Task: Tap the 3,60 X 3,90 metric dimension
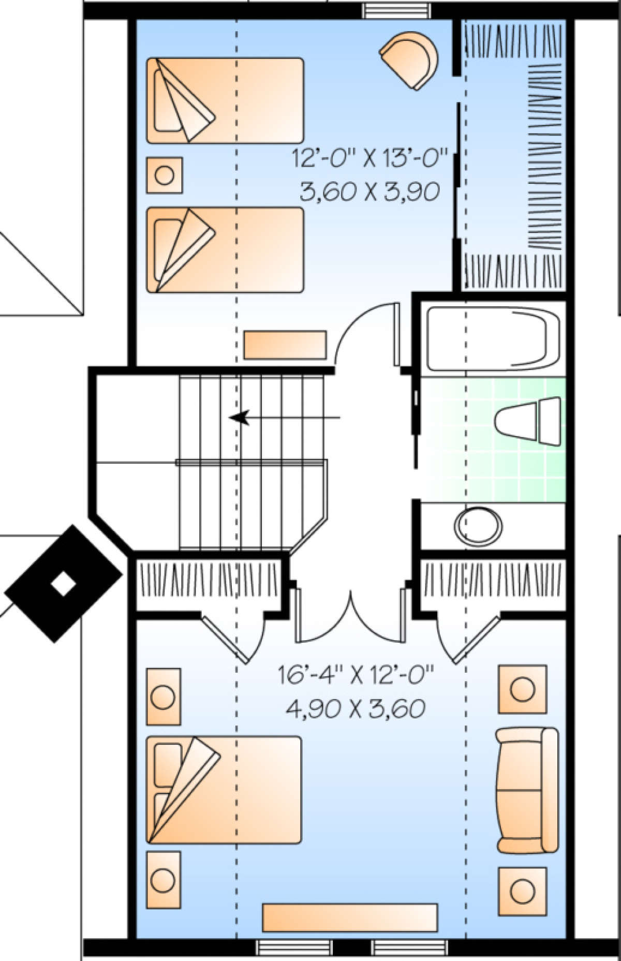pyautogui.click(x=369, y=191)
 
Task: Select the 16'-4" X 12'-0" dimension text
pyautogui.click(x=355, y=676)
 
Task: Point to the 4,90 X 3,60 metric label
pyautogui.click(x=356, y=708)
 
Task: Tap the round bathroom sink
pyautogui.click(x=478, y=527)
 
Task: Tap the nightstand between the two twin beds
pyautogui.click(x=165, y=175)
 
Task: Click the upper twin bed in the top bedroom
pyautogui.click(x=225, y=100)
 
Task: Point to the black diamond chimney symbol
pyautogui.click(x=63, y=584)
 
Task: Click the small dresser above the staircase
pyautogui.click(x=285, y=345)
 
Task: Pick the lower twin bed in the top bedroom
pyautogui.click(x=225, y=250)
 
